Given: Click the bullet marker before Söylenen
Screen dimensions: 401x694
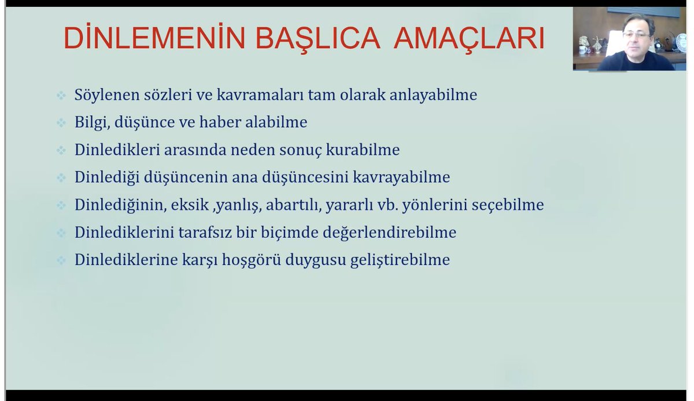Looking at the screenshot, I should coord(61,95).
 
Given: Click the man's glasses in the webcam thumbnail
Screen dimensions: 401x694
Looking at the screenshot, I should coord(636,35).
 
